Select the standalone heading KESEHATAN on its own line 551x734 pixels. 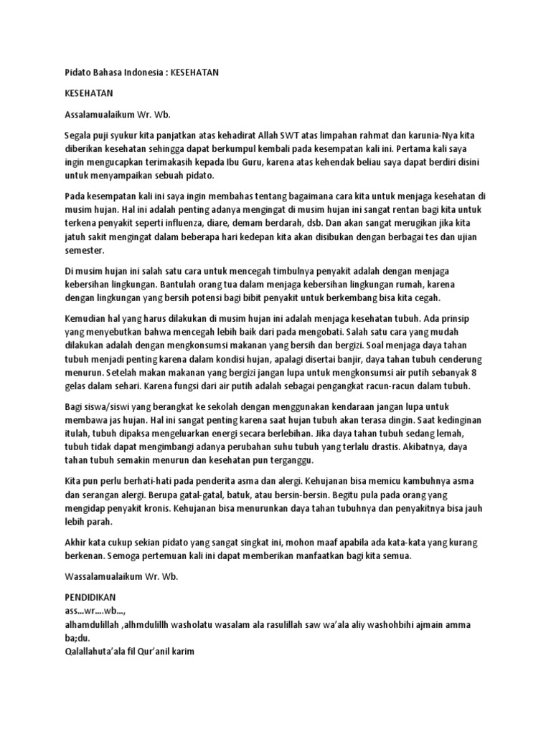tap(90, 93)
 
